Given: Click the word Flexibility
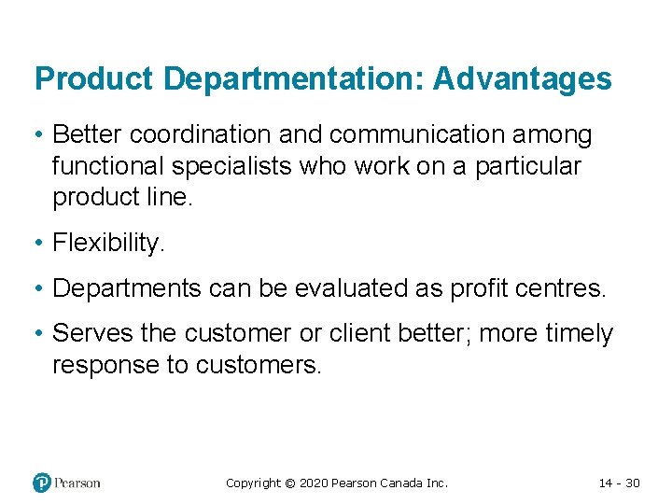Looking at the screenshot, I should (x=108, y=243).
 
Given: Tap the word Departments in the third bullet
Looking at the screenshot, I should (x=126, y=288).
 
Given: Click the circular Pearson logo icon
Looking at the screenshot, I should (x=42, y=483).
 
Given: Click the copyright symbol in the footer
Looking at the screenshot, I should (x=289, y=483).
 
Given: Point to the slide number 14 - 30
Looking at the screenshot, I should (x=619, y=483).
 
